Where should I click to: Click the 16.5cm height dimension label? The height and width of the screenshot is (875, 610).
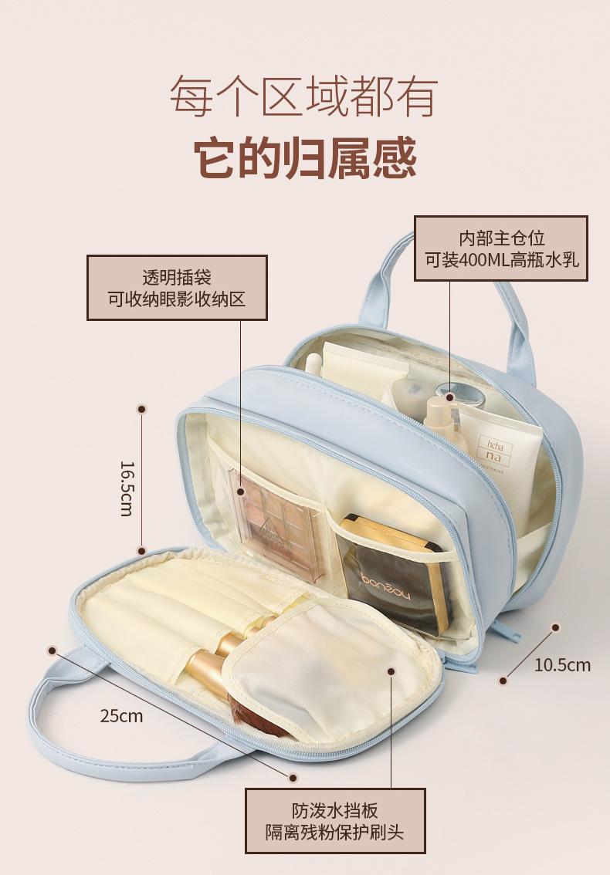point(127,488)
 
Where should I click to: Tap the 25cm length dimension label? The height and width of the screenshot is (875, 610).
point(121,715)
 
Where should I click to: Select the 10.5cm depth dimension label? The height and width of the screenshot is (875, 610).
point(561,665)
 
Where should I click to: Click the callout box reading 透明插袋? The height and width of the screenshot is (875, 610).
point(176,287)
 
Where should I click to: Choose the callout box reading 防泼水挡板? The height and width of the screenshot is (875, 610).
point(334,821)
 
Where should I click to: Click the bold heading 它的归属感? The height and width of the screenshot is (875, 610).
point(304,157)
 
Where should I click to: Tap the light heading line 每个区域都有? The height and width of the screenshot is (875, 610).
point(304,96)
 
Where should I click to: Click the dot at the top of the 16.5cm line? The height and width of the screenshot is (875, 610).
point(141,408)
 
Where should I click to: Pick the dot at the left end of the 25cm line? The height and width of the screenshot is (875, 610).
point(53,650)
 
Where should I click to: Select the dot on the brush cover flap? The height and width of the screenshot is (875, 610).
point(391,672)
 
